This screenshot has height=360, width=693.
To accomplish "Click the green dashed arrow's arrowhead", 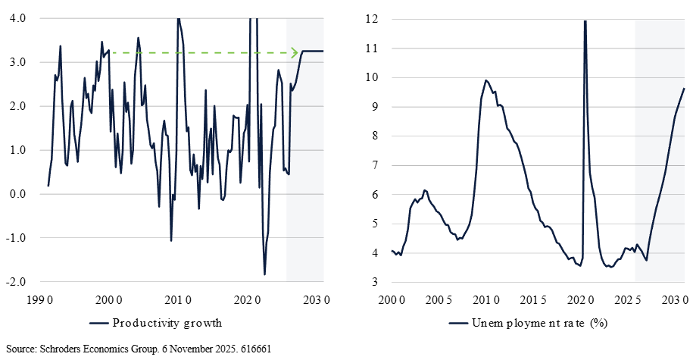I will pos(295,52).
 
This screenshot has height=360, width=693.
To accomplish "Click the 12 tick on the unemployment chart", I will pos(371,18).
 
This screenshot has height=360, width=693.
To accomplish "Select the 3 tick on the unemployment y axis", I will pos(374,282).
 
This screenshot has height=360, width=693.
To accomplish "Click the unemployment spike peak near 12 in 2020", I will pos(585,21).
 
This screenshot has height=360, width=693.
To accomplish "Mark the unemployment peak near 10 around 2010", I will pos(485,80).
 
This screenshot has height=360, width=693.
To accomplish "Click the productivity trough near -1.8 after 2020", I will pos(264,274).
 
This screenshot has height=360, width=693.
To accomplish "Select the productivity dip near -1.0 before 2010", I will pos(171,240).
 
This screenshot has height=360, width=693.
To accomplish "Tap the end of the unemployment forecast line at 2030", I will pos(684,89).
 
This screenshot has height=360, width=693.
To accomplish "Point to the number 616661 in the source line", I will pos(256,349).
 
